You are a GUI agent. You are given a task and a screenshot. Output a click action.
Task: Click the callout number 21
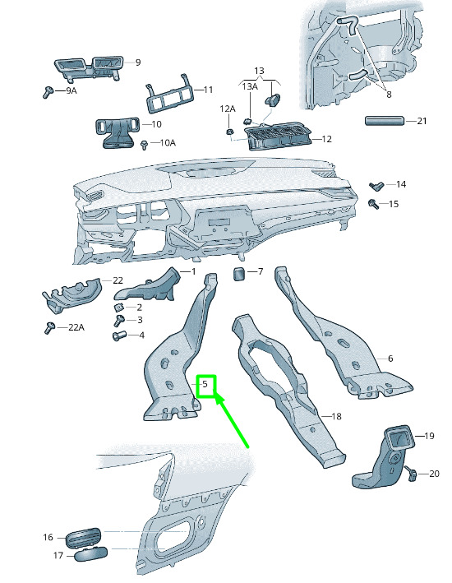(422, 121)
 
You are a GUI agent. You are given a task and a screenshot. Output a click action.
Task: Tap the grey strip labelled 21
(385, 121)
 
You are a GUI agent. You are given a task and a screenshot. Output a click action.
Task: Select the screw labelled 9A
(47, 92)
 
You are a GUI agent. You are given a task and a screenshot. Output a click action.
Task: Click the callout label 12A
(228, 109)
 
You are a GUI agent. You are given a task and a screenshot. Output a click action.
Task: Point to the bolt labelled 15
(372, 204)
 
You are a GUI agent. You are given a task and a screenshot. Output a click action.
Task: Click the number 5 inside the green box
(205, 384)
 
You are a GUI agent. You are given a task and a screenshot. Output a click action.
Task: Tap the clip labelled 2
(118, 308)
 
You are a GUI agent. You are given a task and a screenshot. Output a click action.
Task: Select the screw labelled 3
(120, 320)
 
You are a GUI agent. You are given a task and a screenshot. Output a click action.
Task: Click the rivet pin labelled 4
(118, 335)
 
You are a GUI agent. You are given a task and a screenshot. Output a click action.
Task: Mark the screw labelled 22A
(49, 327)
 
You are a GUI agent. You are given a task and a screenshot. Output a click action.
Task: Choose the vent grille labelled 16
(83, 537)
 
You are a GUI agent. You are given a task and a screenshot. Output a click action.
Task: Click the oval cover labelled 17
(91, 554)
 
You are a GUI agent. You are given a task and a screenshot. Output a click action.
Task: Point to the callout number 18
(336, 416)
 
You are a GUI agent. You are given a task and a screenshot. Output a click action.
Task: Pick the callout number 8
(389, 95)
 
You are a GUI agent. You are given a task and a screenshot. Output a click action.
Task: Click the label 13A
(250, 86)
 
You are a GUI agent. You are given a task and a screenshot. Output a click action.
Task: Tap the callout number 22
(118, 280)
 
